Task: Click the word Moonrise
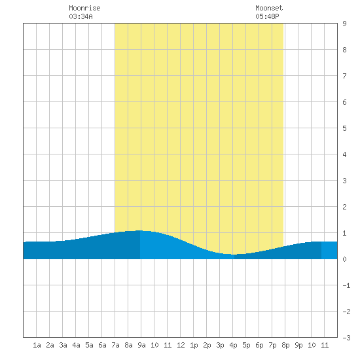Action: click(x=84, y=8)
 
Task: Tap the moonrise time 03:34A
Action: click(x=81, y=16)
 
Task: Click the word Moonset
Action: click(x=269, y=8)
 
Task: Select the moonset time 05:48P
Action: click(x=267, y=16)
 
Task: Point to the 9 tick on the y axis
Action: click(x=344, y=24)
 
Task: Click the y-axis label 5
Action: click(x=344, y=128)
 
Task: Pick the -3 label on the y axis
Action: click(x=346, y=338)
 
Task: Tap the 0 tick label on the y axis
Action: click(x=344, y=259)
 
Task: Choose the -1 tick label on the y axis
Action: click(x=346, y=285)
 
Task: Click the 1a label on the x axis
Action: click(x=37, y=345)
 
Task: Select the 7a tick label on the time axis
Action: click(x=115, y=345)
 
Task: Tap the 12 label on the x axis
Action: click(x=181, y=345)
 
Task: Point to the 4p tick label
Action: click(x=233, y=345)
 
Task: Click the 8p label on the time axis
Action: click(x=285, y=345)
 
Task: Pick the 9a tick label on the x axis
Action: click(x=141, y=345)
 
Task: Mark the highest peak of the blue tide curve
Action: click(x=139, y=230)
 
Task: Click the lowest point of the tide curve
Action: click(x=233, y=255)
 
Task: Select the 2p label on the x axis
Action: click(x=207, y=345)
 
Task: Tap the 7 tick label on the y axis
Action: click(x=344, y=76)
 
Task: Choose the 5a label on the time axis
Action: click(x=89, y=345)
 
